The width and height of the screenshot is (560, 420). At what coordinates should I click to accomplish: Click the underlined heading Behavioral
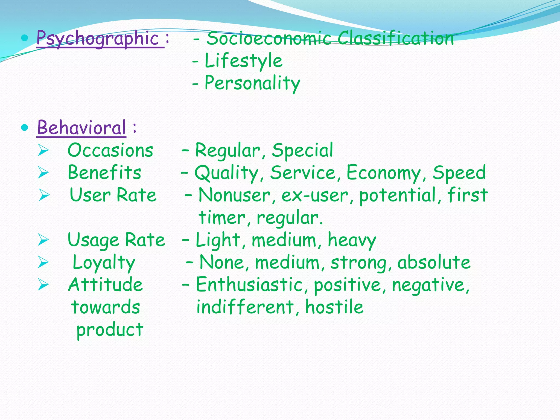coord(81,128)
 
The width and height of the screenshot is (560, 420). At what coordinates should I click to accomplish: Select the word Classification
coord(396,38)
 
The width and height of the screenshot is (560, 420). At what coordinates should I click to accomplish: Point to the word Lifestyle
coord(243,61)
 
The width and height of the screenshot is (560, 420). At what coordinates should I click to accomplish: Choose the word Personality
coord(252,83)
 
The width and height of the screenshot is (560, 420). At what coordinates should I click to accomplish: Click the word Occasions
coord(110,150)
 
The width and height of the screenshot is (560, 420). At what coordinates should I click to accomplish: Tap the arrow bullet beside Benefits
coord(43,173)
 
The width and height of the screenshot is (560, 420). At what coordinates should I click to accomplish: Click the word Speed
coord(459,173)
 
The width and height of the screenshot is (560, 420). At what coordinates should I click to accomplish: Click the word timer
coord(222,218)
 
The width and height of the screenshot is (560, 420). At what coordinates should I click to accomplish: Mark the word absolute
coord(434,262)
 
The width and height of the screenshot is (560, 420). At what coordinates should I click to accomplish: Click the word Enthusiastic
coord(249,285)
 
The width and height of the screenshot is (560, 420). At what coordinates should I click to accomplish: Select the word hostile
coord(334,307)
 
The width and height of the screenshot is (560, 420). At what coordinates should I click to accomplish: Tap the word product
coord(110,330)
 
